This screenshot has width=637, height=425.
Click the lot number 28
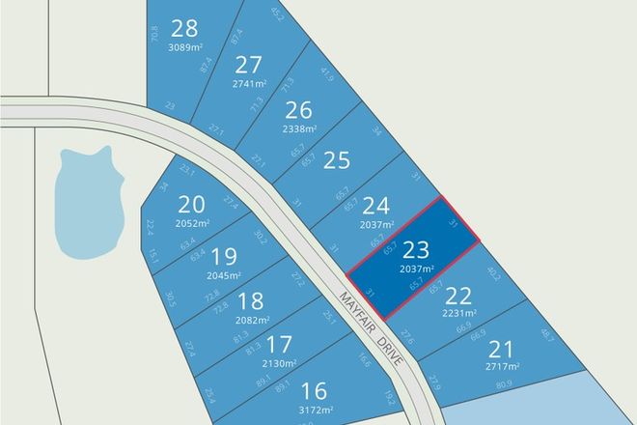pos(182,27)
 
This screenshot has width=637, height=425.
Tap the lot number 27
pos(249,65)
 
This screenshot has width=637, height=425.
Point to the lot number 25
pos(336,159)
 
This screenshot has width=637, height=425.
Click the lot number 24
pos(375,205)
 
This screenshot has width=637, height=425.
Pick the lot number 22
pos(459,295)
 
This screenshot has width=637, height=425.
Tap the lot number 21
pos(503,349)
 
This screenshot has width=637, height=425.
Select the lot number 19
pos(223,256)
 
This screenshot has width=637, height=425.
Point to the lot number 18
pos(250,300)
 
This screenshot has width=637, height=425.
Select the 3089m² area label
pos(183,44)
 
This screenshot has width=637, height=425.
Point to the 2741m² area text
pos(250,84)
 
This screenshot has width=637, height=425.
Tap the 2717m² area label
pos(503,367)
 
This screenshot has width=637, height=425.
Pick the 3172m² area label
pos(314,409)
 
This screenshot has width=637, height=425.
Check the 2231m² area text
pos(459,313)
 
